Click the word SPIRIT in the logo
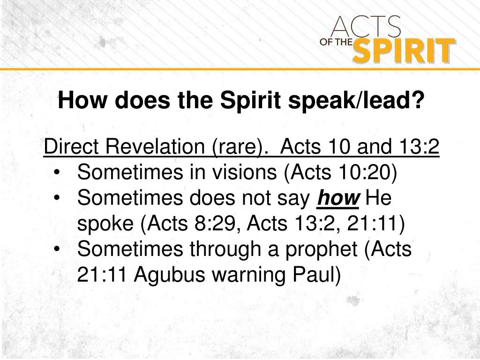(x=403, y=51)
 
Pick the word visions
(x=248, y=173)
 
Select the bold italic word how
(x=338, y=198)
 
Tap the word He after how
(x=378, y=198)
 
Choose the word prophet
(x=323, y=249)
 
